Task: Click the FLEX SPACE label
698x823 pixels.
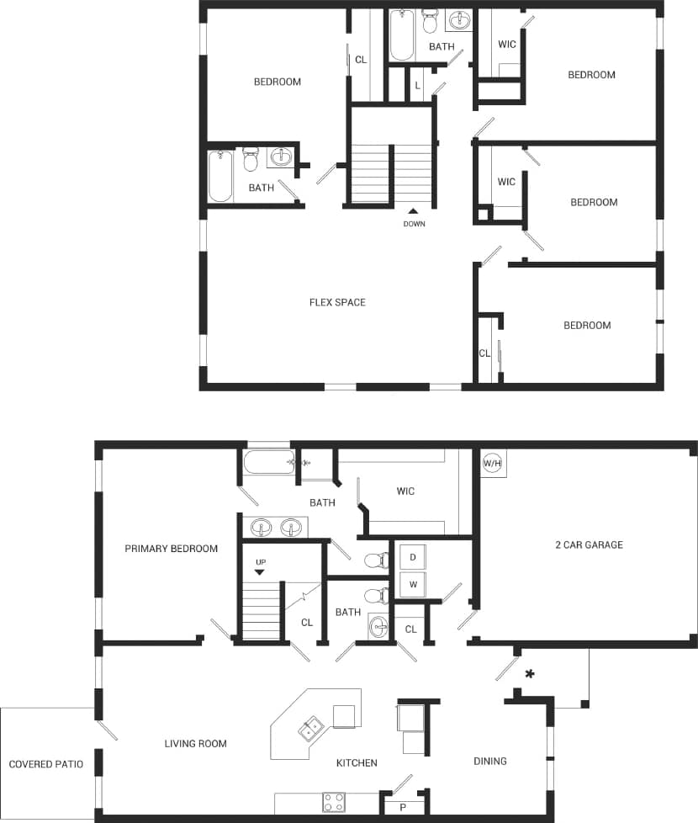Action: coord(337,302)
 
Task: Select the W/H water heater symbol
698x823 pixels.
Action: coord(493,463)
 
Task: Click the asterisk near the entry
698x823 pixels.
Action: coord(530,673)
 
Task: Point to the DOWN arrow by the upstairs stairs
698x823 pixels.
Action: coord(413,212)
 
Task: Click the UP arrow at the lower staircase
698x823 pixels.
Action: coord(259,571)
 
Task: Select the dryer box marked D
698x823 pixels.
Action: coord(413,558)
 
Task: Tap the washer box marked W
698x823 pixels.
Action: coord(413,583)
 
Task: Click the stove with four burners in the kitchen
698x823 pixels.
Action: coord(334,802)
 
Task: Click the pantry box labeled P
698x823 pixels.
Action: coord(403,807)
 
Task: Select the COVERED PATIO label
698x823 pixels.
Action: coord(46,764)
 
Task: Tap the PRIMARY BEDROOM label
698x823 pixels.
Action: coord(171,549)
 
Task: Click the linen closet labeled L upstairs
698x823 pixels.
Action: coord(417,85)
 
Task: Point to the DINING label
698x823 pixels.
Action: coord(490,761)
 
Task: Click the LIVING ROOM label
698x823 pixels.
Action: coord(195,743)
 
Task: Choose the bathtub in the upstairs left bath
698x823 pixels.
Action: coord(220,176)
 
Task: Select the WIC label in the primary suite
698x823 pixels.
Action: coord(405,491)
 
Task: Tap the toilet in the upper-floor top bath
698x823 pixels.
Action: coord(431,19)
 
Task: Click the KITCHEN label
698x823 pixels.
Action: coord(357,762)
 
